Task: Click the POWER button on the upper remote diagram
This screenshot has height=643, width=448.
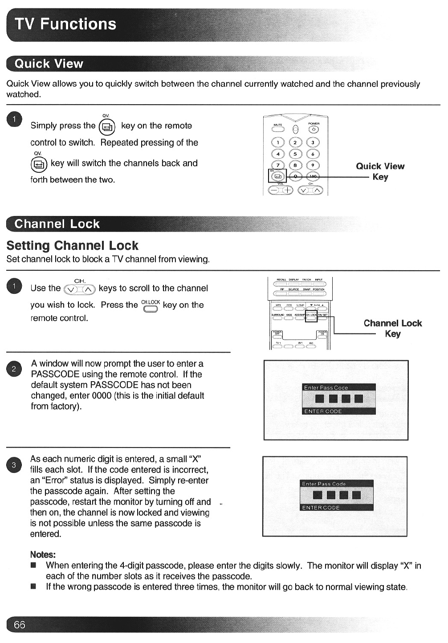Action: coord(314,130)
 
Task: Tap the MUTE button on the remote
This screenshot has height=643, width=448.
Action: coord(278,130)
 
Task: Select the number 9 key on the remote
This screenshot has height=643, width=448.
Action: coord(313,165)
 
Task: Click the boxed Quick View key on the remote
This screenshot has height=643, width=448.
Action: coord(275,176)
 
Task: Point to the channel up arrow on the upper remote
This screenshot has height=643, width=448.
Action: coord(317,190)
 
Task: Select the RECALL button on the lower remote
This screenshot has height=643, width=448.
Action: coord(281,284)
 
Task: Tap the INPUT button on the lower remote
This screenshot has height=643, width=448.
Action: coord(319,284)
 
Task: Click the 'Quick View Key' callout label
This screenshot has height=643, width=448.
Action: coord(380,171)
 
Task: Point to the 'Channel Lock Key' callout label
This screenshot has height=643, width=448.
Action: coord(392,328)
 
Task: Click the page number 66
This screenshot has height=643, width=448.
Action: coord(19,625)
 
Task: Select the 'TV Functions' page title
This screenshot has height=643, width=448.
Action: coord(65,24)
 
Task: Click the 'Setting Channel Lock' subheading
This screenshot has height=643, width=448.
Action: coord(72,246)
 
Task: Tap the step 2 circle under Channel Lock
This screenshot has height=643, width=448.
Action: coord(14,369)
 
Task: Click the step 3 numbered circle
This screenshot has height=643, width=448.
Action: coord(14,465)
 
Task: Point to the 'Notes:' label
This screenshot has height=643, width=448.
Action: coord(43,554)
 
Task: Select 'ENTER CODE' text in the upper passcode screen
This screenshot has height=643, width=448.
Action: coord(323,411)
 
